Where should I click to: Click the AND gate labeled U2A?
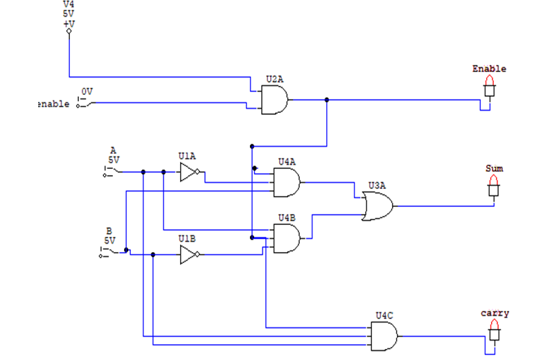pos(275,100)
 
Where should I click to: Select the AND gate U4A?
pos(287,183)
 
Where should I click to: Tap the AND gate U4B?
pos(287,239)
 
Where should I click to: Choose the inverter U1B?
pos(190,255)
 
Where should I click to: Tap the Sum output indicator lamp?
pos(494,186)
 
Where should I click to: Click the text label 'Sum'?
pos(494,168)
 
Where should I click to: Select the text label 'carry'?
pos(495,313)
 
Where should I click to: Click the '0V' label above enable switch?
pos(87,91)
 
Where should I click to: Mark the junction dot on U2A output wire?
pos(326,100)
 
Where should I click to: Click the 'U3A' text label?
pos(377,186)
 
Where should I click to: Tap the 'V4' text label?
pos(69,4)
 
